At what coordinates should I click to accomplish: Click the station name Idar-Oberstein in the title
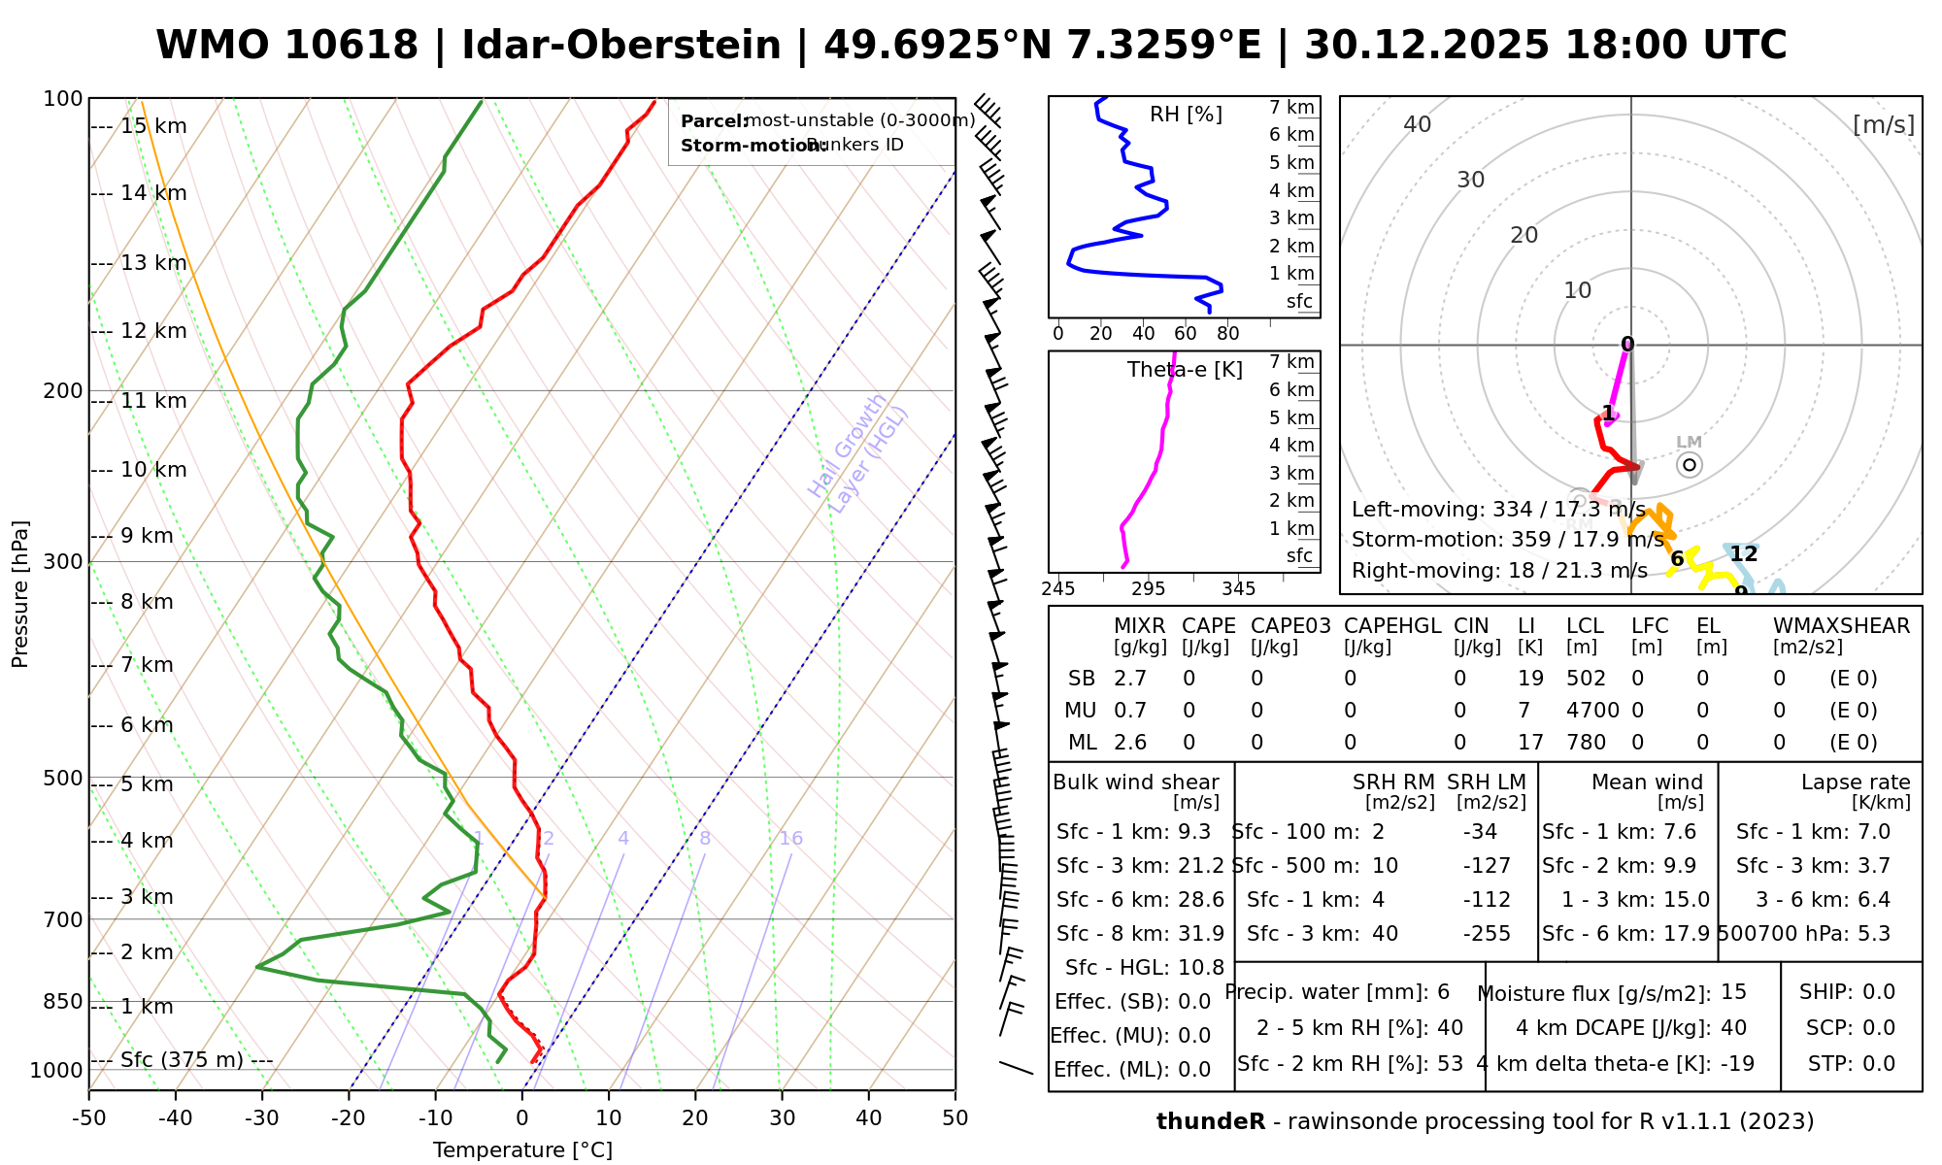click(x=621, y=46)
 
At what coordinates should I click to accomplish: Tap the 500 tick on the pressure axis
click(x=63, y=778)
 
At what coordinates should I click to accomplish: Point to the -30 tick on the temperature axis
click(x=261, y=1118)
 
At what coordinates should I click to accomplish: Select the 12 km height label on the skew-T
click(x=153, y=331)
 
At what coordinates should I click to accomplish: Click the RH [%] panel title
click(x=1186, y=115)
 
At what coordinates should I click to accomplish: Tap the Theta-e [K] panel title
click(x=1185, y=370)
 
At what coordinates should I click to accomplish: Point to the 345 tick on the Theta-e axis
click(x=1238, y=589)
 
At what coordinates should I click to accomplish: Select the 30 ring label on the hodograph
click(x=1471, y=180)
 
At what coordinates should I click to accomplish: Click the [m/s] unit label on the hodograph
click(x=1884, y=125)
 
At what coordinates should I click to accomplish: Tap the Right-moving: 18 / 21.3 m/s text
click(x=1499, y=570)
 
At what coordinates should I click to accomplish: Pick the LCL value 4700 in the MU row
click(x=1592, y=711)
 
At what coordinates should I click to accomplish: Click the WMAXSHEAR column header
click(x=1841, y=626)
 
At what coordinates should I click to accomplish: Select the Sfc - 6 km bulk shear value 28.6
click(x=1201, y=900)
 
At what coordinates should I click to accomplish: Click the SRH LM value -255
click(x=1487, y=934)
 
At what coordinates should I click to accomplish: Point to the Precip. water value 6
click(x=1443, y=992)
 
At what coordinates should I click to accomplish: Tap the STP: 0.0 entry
click(x=1852, y=1064)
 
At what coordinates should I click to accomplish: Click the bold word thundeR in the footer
click(x=1211, y=1122)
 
